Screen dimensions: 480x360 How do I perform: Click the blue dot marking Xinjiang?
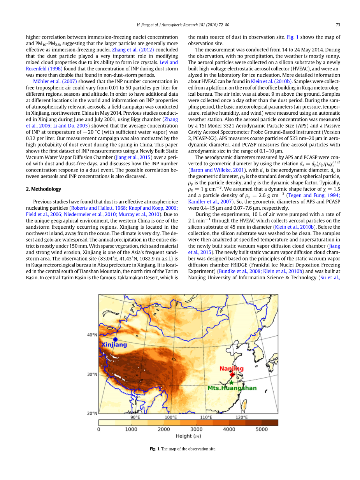(115, 339)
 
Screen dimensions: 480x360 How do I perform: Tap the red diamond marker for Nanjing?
(232, 374)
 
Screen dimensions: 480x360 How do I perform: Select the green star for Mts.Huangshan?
(231, 382)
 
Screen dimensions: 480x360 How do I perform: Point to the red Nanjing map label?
(231, 368)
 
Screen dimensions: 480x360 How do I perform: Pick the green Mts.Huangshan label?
(232, 388)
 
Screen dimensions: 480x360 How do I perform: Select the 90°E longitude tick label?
(135, 417)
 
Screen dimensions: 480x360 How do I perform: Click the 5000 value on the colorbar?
(262, 429)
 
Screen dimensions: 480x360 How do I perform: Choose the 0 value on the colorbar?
(98, 429)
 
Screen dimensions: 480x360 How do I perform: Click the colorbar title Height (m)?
(189, 436)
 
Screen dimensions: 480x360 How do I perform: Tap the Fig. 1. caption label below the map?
(155, 449)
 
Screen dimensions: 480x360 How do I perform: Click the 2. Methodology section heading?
(44, 189)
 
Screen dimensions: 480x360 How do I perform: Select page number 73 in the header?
(338, 25)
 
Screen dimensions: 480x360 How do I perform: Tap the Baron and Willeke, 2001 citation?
(216, 170)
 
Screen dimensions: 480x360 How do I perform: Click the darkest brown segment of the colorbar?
(269, 422)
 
